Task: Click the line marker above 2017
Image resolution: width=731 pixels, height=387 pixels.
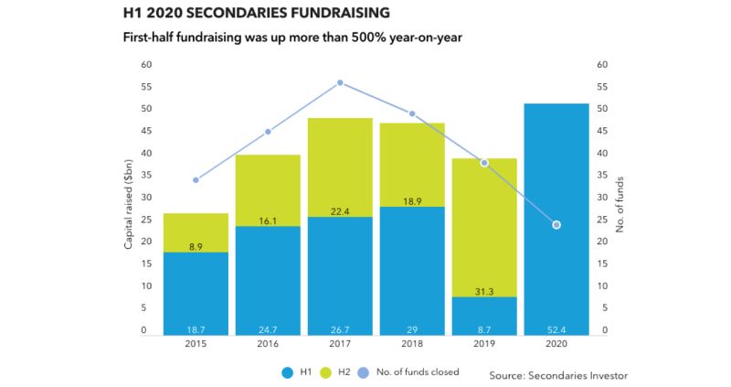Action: point(340,82)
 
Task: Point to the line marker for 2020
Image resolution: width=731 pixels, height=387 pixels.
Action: point(556,225)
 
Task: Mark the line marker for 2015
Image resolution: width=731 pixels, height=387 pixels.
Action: point(196,179)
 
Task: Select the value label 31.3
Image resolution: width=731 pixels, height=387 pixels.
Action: point(483,291)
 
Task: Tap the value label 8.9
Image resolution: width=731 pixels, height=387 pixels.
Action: point(196,246)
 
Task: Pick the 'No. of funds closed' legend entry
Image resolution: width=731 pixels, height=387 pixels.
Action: point(414,372)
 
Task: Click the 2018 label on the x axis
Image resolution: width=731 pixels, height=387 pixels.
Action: point(412,345)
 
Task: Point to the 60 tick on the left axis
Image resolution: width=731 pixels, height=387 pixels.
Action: point(144,65)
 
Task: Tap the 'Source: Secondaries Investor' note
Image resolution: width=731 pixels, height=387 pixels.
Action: point(559,375)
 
